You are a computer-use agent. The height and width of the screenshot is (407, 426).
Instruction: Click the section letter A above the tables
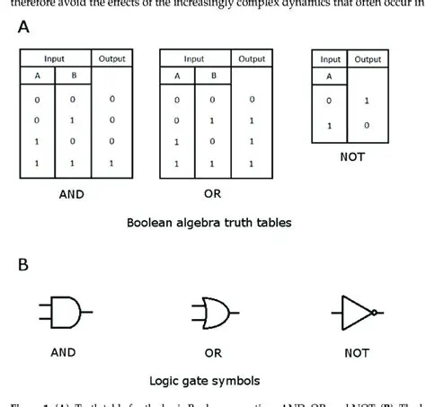click(x=24, y=28)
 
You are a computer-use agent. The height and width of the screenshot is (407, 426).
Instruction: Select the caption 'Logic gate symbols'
click(x=212, y=380)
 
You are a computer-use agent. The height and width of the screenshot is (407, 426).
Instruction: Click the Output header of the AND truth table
click(x=112, y=58)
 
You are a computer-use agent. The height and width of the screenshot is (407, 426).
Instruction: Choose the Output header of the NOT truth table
click(x=368, y=59)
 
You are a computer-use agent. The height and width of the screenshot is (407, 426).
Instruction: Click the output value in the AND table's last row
click(x=112, y=164)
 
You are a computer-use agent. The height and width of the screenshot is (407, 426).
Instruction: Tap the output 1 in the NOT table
click(x=368, y=102)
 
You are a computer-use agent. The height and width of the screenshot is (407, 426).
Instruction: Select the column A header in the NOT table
click(x=331, y=77)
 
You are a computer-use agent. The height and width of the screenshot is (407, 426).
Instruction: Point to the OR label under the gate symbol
click(x=213, y=353)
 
